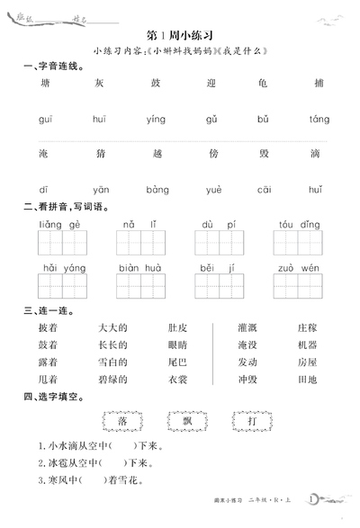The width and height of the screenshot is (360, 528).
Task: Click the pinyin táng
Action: click(319, 119)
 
